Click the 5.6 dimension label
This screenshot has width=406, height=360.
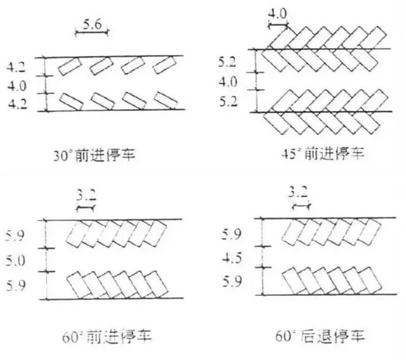(x=92, y=24)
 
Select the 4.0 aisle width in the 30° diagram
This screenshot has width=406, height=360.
(x=17, y=86)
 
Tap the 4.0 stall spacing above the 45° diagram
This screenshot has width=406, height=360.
(x=277, y=13)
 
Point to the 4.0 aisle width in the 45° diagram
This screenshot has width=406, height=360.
(x=228, y=82)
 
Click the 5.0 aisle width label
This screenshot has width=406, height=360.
(x=15, y=260)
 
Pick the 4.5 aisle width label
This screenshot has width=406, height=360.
(x=232, y=258)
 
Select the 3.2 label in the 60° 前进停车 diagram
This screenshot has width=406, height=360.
(x=86, y=195)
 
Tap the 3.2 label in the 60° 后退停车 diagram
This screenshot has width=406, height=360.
(x=298, y=192)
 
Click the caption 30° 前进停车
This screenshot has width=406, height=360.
(x=95, y=155)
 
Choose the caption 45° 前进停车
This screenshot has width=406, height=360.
(x=323, y=153)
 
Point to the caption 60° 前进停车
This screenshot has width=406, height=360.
(x=107, y=337)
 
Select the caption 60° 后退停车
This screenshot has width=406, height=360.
(x=320, y=336)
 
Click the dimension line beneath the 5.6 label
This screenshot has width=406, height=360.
(x=92, y=32)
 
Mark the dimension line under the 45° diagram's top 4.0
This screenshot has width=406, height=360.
(x=278, y=25)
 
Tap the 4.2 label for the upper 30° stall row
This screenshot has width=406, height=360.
(x=16, y=67)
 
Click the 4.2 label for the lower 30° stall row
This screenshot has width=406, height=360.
(x=18, y=104)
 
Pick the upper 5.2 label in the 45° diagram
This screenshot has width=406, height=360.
(x=227, y=62)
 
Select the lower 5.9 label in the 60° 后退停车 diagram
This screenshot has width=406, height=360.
(x=232, y=281)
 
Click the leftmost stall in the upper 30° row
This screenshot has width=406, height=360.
(x=70, y=67)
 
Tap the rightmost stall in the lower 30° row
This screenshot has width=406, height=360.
(x=166, y=101)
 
